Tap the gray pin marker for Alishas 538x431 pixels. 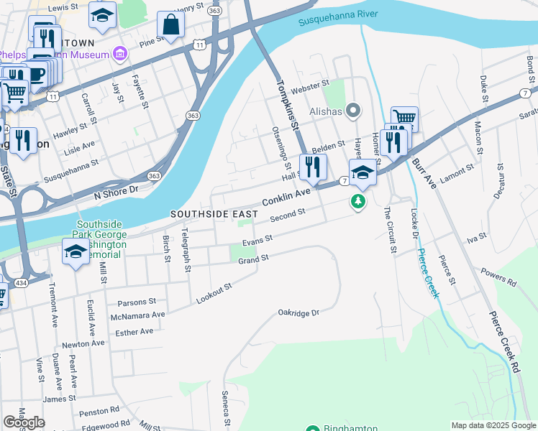[x=353, y=111]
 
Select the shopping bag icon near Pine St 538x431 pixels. [x=172, y=26]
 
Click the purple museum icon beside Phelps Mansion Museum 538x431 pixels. [x=119, y=55]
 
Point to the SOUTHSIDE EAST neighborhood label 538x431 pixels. [x=214, y=215]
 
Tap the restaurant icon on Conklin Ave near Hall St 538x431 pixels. [x=313, y=167]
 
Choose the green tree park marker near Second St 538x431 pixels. [x=358, y=203]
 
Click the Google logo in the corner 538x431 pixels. [x=24, y=422]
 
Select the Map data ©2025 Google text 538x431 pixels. [x=493, y=425]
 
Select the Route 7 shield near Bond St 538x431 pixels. [x=526, y=95]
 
